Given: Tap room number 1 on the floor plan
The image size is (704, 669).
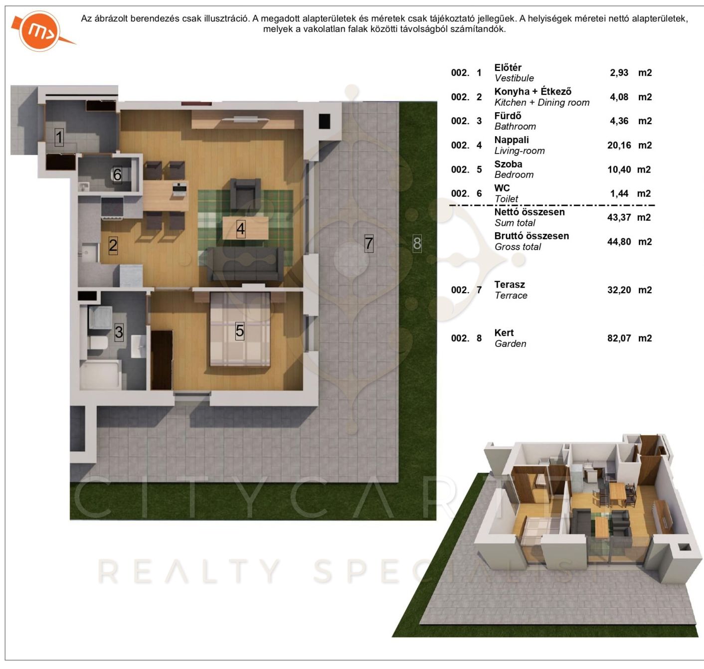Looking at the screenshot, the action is point(59,138).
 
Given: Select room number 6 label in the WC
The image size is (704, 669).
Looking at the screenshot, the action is point(117,175).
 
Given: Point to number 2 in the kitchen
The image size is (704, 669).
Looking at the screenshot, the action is point(113,245).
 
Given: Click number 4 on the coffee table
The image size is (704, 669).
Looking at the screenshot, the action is point(241,229).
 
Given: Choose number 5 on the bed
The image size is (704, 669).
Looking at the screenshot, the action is point(240,331).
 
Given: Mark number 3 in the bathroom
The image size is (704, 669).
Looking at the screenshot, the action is point(119,332).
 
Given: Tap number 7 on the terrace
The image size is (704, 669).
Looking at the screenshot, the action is point(369,244).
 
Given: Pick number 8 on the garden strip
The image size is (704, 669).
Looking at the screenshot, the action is point(417,244).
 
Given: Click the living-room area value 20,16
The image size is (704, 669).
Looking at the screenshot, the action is point(619,146).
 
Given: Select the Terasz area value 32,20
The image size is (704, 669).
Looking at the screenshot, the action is point(619,290).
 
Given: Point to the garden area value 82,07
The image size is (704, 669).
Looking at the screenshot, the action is point(619,338).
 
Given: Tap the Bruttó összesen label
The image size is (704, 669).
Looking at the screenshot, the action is point(531,236).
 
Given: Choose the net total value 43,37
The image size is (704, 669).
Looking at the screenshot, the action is point(619,218).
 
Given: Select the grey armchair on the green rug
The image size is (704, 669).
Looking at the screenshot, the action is point(245,193).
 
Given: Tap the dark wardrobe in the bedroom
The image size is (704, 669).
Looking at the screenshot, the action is point(162,360).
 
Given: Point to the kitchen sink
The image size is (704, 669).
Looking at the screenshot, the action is point(89,253).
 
